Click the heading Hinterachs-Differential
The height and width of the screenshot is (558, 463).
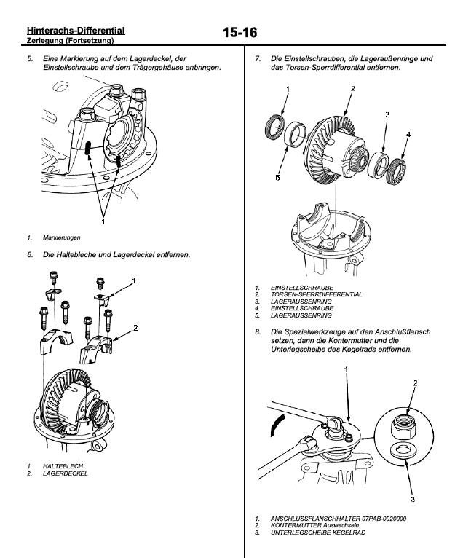coord(75,30)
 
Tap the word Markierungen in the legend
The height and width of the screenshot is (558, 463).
coord(61,237)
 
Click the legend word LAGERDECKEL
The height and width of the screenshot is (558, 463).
coord(64,473)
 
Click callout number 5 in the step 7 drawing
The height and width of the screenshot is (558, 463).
coord(277,177)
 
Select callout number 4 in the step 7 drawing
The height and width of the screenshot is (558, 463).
coord(408,135)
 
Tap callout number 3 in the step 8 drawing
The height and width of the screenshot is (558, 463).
coord(412,500)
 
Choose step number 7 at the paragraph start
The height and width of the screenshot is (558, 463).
coord(258,58)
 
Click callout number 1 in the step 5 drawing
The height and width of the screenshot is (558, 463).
coord(103,221)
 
